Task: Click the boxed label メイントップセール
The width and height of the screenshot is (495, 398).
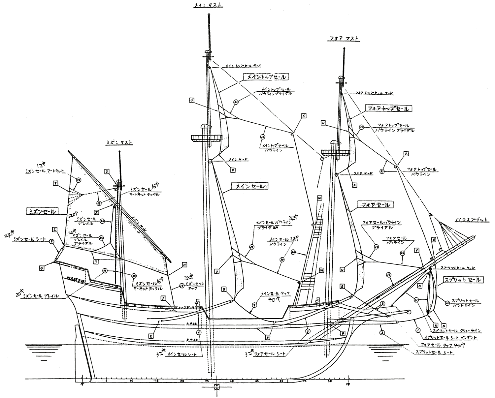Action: coord(266,77)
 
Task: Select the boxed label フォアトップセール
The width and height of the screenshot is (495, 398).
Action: coord(388,108)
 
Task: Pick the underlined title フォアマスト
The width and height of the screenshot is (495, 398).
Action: coord(343,39)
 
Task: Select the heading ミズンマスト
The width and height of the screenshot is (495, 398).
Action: coord(119,142)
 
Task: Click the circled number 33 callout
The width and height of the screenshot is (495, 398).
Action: coord(236,102)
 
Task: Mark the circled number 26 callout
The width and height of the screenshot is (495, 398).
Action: coord(78,180)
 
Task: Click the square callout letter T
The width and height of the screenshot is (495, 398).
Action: coord(55,183)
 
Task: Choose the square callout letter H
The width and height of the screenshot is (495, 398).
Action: coord(184,264)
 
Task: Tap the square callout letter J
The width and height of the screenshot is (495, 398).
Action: coord(163,298)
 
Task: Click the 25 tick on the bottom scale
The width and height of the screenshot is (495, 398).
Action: coord(207,381)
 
